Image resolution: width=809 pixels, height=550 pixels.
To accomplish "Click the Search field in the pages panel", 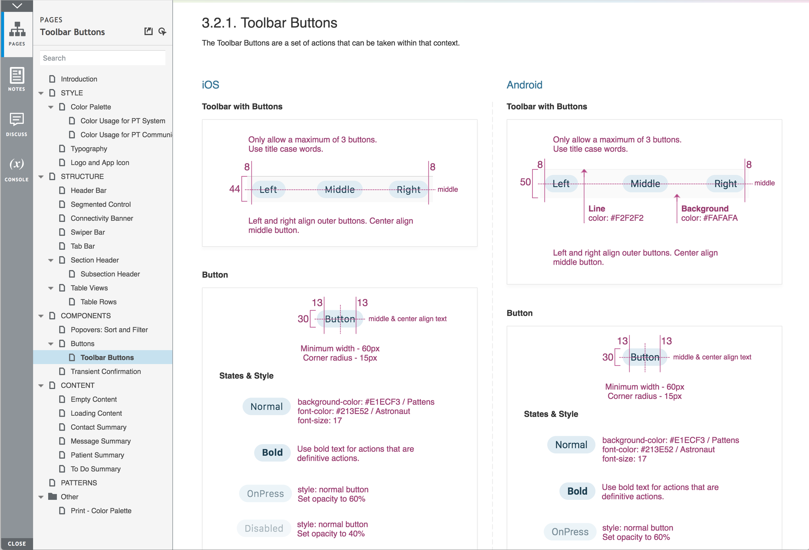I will click(102, 58).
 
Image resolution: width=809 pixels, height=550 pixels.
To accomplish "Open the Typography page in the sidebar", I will click(89, 148).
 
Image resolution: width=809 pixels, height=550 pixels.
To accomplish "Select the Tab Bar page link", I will click(83, 246).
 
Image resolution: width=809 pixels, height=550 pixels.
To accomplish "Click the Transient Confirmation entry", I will click(105, 371).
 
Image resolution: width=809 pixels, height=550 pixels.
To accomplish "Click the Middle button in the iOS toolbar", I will click(339, 190).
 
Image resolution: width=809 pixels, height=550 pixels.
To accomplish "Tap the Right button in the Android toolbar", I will click(725, 184).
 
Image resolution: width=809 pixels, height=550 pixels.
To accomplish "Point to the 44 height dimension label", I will click(234, 189).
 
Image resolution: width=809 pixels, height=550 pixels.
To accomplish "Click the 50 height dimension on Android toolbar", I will click(525, 182).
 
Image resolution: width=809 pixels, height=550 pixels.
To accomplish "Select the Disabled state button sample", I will click(263, 528).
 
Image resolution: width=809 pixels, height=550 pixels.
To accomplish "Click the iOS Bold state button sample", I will click(272, 453).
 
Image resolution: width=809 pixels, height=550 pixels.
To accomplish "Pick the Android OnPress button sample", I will click(570, 532).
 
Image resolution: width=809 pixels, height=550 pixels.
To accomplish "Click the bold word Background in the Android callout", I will click(704, 208).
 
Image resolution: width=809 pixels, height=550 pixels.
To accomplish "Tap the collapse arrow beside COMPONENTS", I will click(41, 316).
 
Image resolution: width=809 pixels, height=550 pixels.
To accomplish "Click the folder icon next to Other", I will click(52, 496).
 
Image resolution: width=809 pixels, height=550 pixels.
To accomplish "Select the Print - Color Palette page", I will click(101, 511).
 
